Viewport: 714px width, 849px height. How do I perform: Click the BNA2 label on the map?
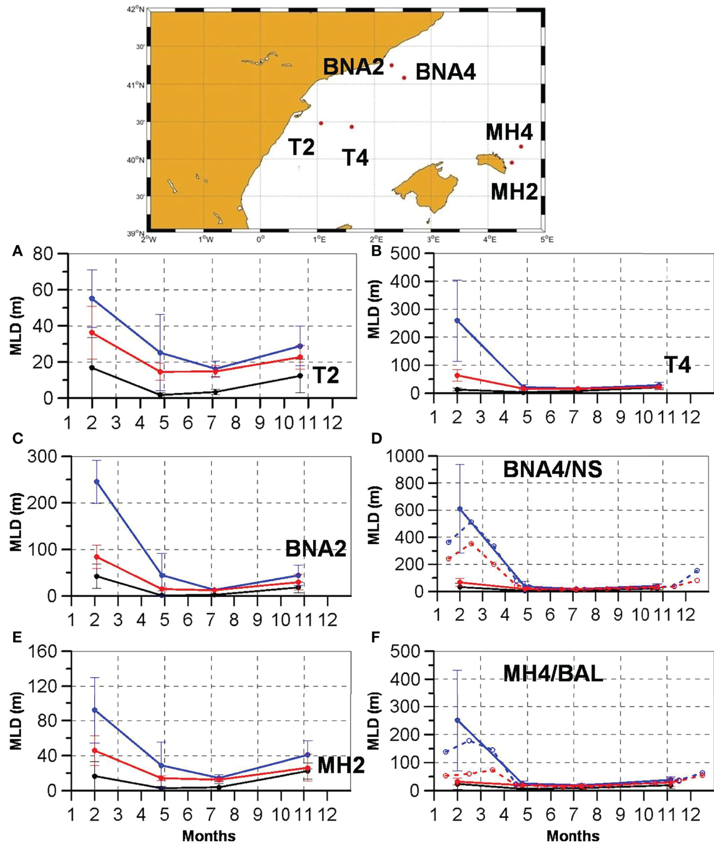click(353, 67)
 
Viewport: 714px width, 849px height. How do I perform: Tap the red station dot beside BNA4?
click(404, 78)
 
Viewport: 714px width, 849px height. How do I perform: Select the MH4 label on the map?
click(509, 132)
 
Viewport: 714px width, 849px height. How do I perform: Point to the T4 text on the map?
click(355, 157)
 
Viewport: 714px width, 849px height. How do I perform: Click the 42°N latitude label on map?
click(136, 9)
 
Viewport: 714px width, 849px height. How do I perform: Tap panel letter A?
click(17, 252)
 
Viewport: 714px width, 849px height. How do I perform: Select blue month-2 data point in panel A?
click(92, 298)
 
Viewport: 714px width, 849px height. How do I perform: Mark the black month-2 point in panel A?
click(92, 368)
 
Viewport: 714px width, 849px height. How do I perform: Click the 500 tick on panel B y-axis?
click(406, 254)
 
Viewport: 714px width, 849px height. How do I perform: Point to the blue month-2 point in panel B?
click(457, 320)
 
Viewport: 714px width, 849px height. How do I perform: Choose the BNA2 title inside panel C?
click(316, 549)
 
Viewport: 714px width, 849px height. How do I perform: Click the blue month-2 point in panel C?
click(95, 481)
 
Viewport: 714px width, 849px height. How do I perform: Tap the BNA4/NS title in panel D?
click(552, 469)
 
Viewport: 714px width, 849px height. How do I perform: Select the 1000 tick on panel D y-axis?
click(404, 456)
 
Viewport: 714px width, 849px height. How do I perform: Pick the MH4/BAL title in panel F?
click(553, 673)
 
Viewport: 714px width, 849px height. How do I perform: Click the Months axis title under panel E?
click(209, 836)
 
